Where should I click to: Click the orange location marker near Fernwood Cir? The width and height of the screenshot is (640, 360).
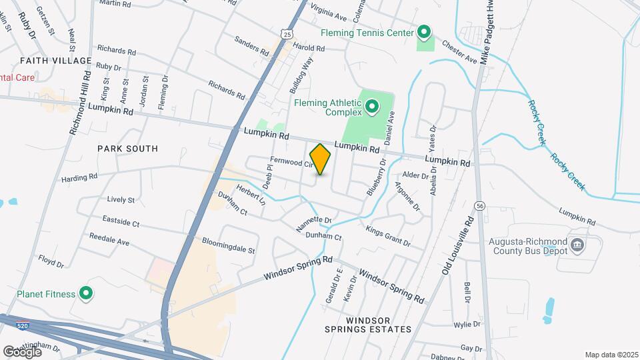321,159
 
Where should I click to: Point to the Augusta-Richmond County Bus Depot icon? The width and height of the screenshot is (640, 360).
578,245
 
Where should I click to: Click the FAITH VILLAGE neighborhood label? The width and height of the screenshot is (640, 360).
55,61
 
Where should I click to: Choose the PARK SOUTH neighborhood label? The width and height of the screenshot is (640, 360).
127,149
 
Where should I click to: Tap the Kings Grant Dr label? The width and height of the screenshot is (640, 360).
388,234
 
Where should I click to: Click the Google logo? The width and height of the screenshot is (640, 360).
22,351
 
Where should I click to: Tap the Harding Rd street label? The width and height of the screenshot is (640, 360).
79,177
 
